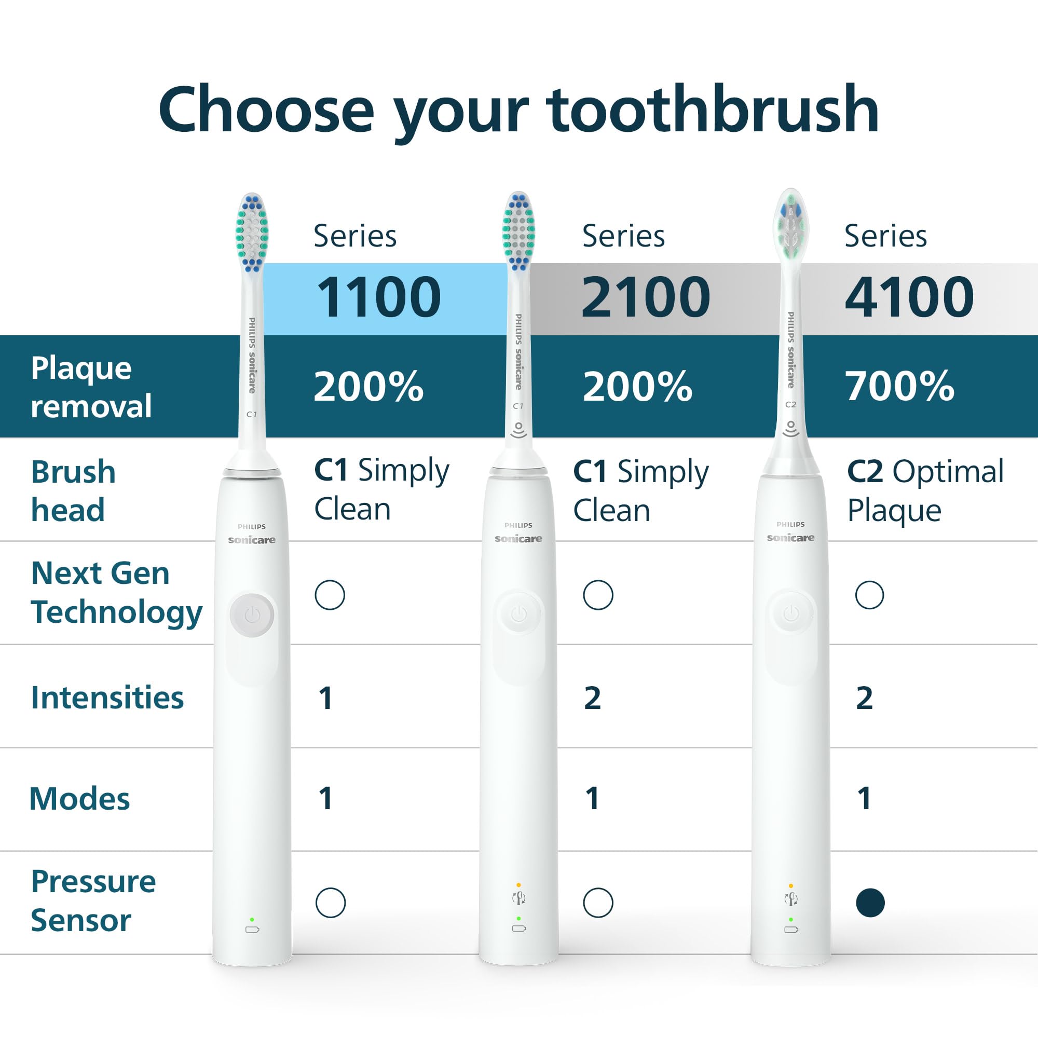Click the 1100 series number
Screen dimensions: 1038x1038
click(379, 296)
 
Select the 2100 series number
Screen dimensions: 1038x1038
click(646, 296)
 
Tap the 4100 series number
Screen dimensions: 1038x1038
click(909, 296)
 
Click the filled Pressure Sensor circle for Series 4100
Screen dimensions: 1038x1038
click(870, 903)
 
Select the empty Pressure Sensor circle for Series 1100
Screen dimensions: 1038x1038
click(331, 903)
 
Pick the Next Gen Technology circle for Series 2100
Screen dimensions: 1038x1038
click(598, 595)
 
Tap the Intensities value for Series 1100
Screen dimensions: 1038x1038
click(325, 699)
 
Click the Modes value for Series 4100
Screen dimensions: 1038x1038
click(864, 798)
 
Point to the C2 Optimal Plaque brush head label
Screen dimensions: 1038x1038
click(925, 490)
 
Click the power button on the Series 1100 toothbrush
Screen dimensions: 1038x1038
click(252, 615)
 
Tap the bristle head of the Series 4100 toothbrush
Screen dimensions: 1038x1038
click(791, 226)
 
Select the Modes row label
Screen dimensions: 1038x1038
click(79, 798)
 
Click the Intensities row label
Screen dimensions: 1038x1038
click(107, 698)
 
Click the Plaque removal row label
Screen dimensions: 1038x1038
click(91, 387)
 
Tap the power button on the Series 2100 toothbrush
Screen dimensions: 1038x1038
click(518, 613)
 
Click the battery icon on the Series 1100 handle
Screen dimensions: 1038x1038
click(252, 930)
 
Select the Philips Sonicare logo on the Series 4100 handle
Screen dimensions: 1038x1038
click(790, 531)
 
